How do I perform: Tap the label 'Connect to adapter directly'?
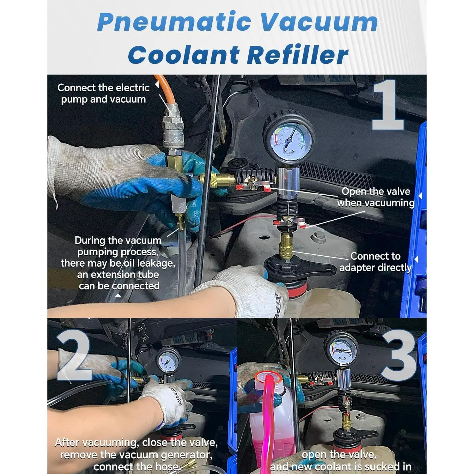pos(375,262)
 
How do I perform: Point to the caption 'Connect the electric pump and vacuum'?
pos(103,93)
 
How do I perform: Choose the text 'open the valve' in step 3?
pos(339,454)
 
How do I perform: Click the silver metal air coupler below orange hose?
pos(173,130)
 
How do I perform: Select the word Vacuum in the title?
pos(319,21)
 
